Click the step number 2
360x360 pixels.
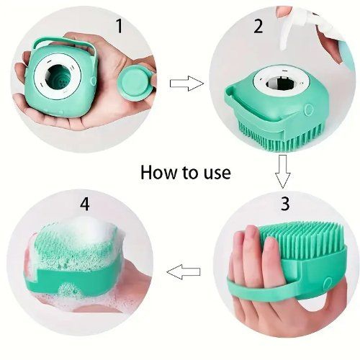click(257, 27)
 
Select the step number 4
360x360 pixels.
click(86, 204)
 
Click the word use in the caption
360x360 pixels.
click(215, 174)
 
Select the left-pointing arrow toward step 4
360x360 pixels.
click(183, 272)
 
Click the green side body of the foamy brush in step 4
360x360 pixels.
click(94, 288)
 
